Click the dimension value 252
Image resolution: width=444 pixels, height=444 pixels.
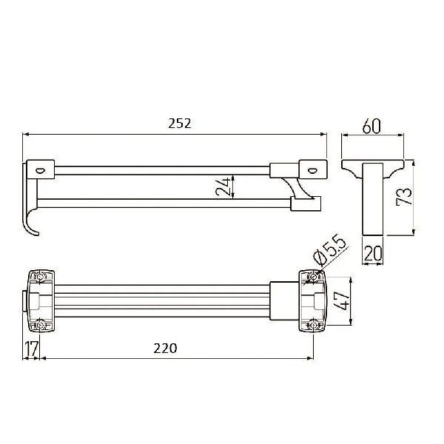click(x=180, y=124)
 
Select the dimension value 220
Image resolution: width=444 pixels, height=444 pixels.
click(x=165, y=349)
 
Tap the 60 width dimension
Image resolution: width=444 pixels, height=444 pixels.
click(x=371, y=127)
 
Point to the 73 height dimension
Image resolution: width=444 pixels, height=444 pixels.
click(x=404, y=196)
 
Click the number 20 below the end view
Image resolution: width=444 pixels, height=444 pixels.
click(x=373, y=253)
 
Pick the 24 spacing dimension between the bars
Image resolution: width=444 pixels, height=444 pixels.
click(x=223, y=187)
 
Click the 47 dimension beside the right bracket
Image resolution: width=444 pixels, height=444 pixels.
click(x=340, y=301)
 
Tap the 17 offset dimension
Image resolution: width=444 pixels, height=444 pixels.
click(x=31, y=349)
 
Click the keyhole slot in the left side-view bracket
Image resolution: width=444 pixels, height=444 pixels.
click(x=40, y=170)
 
